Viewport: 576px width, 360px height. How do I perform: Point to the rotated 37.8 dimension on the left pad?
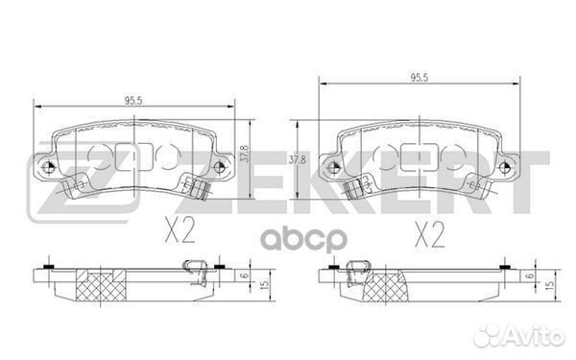pyautogui.click(x=244, y=154)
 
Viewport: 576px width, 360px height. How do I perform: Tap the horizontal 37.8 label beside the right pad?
pyautogui.click(x=297, y=160)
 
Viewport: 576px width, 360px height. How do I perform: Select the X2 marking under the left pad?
pyautogui.click(x=180, y=230)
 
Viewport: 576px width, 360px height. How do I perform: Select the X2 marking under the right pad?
pyautogui.click(x=429, y=234)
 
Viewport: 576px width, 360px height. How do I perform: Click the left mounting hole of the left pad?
pyautogui.click(x=48, y=167)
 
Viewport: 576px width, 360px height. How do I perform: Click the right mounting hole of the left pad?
pyautogui.click(x=220, y=167)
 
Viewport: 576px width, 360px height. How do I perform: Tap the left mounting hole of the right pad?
pyautogui.click(x=333, y=167)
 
